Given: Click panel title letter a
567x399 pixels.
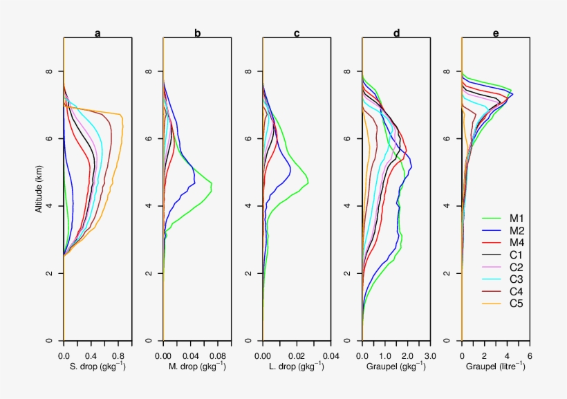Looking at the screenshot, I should (x=97, y=32).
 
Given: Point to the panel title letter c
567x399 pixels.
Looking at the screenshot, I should (x=297, y=32).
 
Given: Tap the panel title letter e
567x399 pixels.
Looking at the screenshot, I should (x=496, y=32).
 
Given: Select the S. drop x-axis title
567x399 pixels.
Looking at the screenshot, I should (x=97, y=366).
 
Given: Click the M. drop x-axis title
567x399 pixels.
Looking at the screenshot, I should (x=197, y=366).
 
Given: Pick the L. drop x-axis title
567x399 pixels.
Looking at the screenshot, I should (x=297, y=366).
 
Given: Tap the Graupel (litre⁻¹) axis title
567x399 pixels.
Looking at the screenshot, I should (x=496, y=366).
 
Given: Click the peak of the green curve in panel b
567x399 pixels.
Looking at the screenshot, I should (x=211, y=186).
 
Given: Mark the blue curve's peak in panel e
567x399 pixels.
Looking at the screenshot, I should (x=513, y=93).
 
